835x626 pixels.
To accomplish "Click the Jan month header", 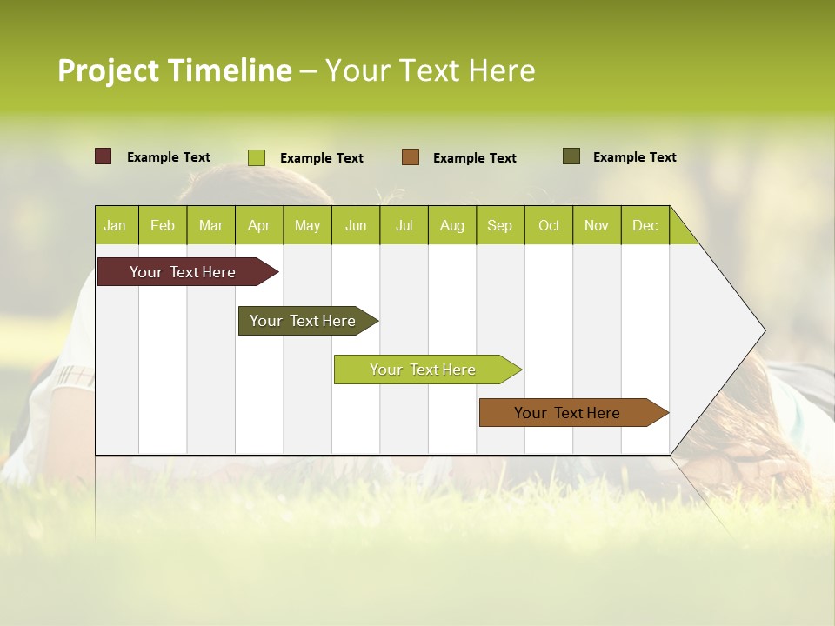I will (116, 225).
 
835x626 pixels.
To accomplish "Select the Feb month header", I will (163, 225).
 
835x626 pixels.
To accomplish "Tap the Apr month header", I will (259, 225).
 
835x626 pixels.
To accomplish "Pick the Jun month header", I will (356, 225).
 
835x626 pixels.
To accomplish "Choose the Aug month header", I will (452, 225).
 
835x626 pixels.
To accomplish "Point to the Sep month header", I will (500, 225).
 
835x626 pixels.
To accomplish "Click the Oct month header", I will (549, 225).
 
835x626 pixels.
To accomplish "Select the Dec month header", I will (645, 225).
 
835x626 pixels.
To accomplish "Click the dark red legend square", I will (104, 156).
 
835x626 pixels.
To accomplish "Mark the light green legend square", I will (257, 157).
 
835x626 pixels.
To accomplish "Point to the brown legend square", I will (411, 157).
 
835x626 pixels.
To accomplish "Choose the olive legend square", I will (571, 156).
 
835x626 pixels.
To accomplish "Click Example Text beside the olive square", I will (635, 157).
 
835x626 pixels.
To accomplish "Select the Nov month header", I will (597, 225).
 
